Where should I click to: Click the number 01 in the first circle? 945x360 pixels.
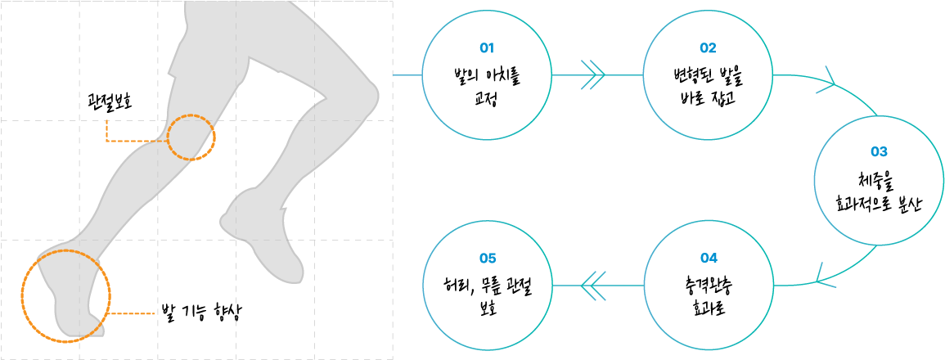coord(487,47)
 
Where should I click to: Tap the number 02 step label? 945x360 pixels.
coord(709,47)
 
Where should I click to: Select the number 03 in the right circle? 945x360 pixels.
coord(880,151)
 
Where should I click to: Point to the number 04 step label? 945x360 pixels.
coord(709,258)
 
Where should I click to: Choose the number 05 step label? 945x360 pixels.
coord(487,258)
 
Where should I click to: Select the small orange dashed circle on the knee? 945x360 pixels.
coord(191,114)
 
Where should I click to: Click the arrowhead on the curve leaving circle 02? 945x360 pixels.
coord(826,83)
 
